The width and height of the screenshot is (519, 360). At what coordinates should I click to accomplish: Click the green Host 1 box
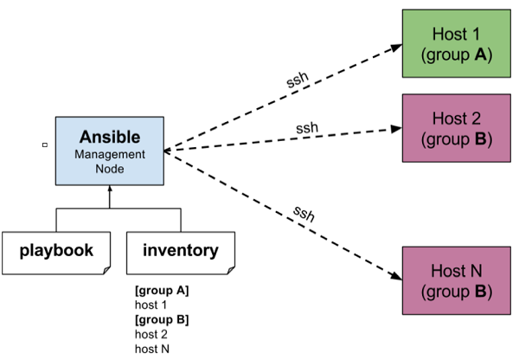[455, 44]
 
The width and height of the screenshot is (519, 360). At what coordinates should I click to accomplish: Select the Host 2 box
[455, 127]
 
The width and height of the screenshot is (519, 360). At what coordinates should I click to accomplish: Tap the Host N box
[455, 280]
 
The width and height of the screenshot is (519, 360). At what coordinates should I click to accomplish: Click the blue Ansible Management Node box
[110, 151]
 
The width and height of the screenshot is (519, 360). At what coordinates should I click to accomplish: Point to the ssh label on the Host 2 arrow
[307, 128]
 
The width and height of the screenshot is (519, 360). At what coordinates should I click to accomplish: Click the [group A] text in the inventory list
[161, 291]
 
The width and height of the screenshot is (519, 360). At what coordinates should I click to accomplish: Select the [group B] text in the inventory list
[161, 319]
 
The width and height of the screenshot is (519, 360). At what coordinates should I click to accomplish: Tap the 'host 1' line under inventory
[151, 305]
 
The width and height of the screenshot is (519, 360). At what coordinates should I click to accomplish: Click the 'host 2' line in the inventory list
[151, 334]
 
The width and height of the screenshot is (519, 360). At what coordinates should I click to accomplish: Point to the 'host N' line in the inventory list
[151, 348]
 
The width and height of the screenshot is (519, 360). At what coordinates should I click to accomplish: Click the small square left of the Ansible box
[44, 145]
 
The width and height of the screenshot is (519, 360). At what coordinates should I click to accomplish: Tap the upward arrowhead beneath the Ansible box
[110, 191]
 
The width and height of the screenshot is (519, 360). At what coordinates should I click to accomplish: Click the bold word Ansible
[110, 138]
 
